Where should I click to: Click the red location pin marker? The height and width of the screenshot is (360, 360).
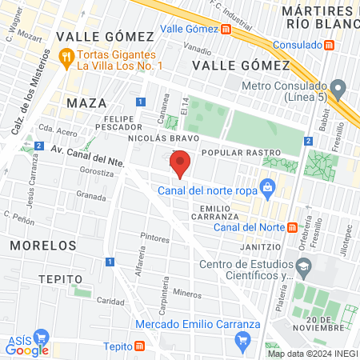coord(181,163)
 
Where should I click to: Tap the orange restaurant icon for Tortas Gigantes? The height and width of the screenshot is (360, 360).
coord(66,57)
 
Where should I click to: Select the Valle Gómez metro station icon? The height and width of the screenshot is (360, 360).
coord(226,30)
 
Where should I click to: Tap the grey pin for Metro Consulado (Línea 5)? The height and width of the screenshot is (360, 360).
coord(338,86)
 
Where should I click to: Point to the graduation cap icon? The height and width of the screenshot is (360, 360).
coord(303,266)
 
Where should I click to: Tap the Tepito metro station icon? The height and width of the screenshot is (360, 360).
coord(140,346)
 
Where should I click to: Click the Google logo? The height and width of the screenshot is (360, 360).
coord(27,349)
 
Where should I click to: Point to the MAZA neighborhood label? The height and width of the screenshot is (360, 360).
coord(86,103)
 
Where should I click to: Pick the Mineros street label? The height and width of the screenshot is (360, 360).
coord(187,294)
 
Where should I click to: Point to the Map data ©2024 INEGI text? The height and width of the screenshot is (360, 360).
coord(313,354)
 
